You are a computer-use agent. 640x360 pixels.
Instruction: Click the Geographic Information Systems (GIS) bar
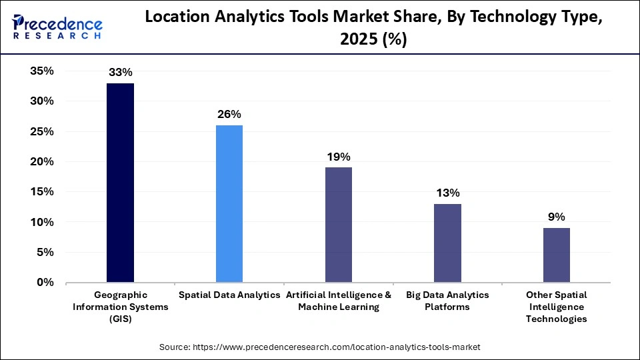coord(120,183)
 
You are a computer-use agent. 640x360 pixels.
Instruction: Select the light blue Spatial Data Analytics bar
coord(229,203)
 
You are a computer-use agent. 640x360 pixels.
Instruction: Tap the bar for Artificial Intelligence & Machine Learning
coord(339,225)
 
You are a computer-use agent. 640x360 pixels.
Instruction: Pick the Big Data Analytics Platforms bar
coord(447,243)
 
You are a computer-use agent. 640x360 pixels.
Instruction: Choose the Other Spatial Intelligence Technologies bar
coord(557,255)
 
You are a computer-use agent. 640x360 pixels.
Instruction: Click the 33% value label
coord(120,72)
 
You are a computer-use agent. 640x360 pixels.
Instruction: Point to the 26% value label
coord(229,114)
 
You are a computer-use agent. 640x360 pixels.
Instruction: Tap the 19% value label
coord(339,157)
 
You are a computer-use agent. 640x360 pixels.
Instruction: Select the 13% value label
coord(447,193)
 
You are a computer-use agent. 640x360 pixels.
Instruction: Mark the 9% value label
coord(557,217)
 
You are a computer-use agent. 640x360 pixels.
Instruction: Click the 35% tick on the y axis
coord(41,71)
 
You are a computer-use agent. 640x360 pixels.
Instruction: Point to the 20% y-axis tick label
coord(41,162)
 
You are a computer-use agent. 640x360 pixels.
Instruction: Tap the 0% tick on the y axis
coord(45,283)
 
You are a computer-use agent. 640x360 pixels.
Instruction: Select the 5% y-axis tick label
coord(45,253)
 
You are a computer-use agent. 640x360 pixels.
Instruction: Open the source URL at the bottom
coord(320,347)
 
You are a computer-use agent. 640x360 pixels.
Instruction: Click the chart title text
coord(373,29)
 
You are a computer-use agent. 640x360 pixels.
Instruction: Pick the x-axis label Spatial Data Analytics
coord(229,295)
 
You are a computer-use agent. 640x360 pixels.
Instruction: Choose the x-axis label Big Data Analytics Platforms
coord(447,301)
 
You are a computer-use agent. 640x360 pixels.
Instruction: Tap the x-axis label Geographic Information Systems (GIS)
coord(120,307)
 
